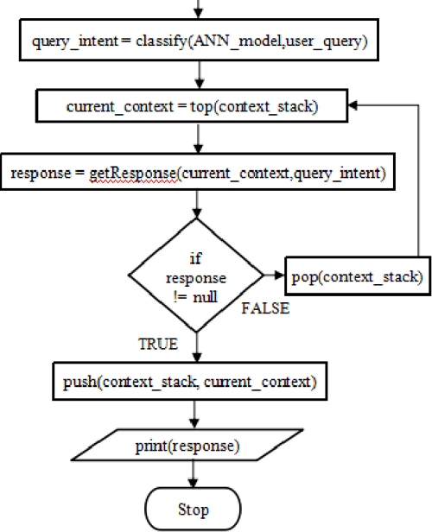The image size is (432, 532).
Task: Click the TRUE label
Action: (158, 343)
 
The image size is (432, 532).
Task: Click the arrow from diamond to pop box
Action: (276, 275)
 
